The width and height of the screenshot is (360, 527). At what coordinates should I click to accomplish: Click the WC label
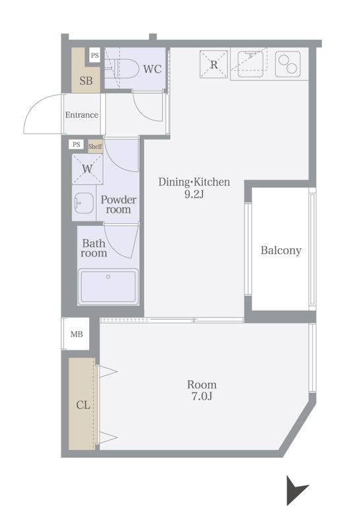click(x=152, y=69)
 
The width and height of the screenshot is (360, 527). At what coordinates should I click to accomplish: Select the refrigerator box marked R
click(x=214, y=64)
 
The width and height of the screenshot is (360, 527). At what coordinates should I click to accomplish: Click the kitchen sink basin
click(x=251, y=64)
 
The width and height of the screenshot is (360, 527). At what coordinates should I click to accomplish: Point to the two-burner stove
click(x=287, y=64)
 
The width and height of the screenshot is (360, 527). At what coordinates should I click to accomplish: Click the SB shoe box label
click(x=86, y=80)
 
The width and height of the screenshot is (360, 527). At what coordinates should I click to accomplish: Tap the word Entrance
click(x=82, y=115)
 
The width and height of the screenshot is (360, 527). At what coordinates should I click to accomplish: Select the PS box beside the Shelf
click(x=76, y=144)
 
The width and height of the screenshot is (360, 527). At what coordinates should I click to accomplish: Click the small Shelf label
click(x=95, y=146)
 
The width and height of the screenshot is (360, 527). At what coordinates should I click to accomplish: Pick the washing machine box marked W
click(x=87, y=169)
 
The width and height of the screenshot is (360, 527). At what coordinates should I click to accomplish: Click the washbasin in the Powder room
click(x=84, y=203)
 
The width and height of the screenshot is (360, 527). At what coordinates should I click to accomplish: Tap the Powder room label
click(x=119, y=204)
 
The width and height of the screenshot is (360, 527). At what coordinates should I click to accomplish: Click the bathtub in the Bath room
click(x=108, y=287)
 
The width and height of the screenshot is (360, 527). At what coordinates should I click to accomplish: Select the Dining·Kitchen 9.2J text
click(x=194, y=188)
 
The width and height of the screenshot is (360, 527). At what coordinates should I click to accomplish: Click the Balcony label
click(x=281, y=250)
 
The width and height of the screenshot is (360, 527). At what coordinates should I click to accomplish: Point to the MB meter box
click(x=76, y=334)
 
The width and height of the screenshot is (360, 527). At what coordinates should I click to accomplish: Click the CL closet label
click(x=83, y=404)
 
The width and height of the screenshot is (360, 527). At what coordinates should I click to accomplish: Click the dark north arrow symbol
click(x=296, y=489)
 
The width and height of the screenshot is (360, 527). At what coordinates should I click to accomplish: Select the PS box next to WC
click(x=95, y=55)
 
